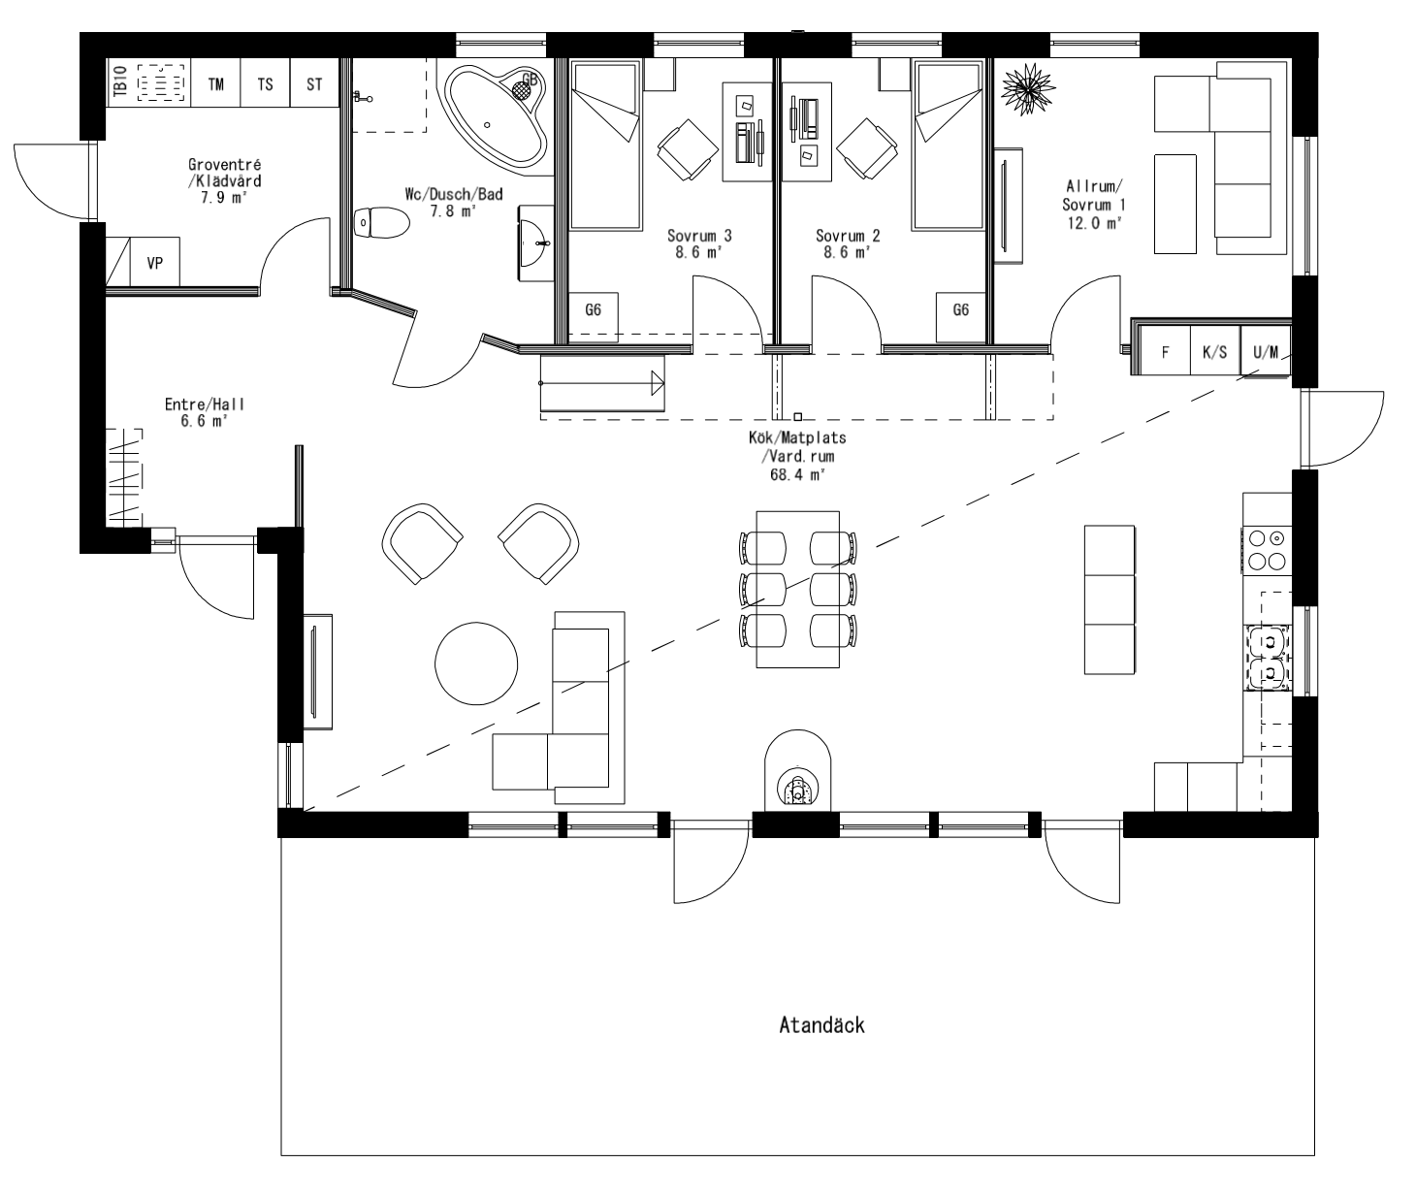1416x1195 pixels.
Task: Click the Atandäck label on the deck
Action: [821, 1025]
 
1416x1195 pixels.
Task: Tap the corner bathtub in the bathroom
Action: [494, 114]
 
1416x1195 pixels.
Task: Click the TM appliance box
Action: [215, 84]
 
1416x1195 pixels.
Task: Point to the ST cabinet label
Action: [314, 84]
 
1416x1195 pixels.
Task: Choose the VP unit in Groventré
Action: [154, 262]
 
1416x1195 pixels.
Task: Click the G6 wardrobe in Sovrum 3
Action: [593, 310]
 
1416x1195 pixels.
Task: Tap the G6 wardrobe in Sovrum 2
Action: [960, 310]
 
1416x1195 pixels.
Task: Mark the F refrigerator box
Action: [1165, 352]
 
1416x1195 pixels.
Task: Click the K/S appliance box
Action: [1214, 352]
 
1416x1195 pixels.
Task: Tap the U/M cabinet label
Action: [1266, 352]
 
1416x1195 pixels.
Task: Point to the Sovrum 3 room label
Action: [699, 236]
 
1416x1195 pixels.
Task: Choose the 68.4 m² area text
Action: [797, 475]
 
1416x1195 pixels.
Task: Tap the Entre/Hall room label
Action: [205, 404]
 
